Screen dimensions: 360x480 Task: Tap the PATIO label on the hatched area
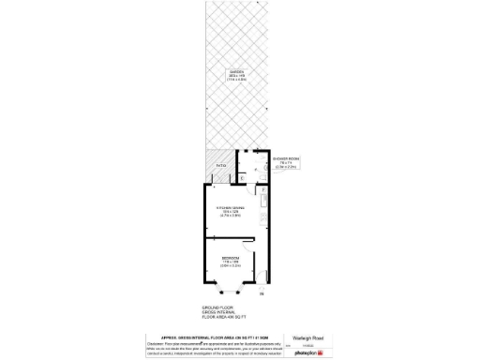coord(220,165)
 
